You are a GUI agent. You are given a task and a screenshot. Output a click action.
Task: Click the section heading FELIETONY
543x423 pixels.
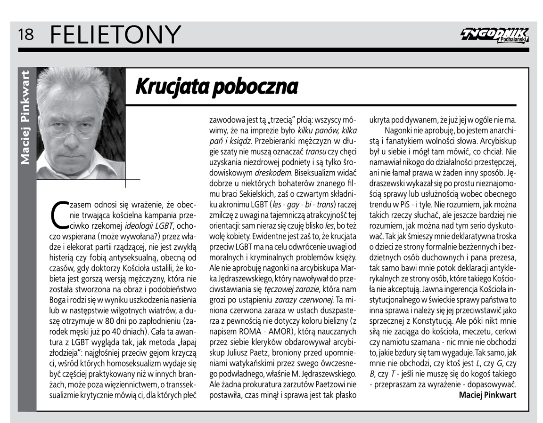pyautogui.click(x=115, y=34)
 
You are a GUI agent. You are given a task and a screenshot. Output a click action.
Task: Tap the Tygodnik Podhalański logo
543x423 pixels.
pyautogui.click(x=494, y=35)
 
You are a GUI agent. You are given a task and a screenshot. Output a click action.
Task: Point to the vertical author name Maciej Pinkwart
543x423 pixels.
pyautogui.click(x=25, y=118)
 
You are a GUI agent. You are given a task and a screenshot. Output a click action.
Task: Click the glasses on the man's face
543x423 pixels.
pyautogui.click(x=75, y=132)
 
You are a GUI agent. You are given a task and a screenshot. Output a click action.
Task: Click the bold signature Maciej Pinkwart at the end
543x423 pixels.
pyautogui.click(x=487, y=395)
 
